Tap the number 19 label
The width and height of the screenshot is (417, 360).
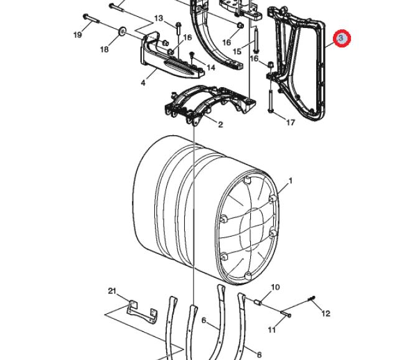77,35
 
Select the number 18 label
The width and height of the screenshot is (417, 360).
105,49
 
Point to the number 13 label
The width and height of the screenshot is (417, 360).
159,18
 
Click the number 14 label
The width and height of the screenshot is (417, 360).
210,68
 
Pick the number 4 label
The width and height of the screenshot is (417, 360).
143,83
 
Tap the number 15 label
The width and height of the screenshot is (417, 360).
237,51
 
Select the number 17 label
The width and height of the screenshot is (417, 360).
291,123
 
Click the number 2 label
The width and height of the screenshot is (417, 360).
220,125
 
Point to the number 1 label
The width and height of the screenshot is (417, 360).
291,181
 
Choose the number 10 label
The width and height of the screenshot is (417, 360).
275,287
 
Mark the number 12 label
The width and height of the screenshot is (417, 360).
326,313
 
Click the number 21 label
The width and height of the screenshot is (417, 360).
112,291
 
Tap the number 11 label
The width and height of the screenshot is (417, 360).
271,330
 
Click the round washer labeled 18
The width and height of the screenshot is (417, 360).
123,31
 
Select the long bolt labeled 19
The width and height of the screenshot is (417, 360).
91,19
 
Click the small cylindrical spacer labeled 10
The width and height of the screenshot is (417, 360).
258,303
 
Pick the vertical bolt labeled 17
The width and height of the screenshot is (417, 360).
271,100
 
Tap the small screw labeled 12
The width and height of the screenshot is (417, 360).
312,299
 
